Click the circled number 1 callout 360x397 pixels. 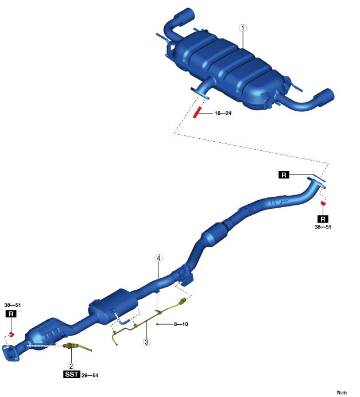[x=243, y=28]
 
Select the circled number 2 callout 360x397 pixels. [x=71, y=366]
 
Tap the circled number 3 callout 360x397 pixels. [x=146, y=342]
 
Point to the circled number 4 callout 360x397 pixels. [x=158, y=258]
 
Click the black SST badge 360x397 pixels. [x=71, y=374]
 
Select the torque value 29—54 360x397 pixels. [x=90, y=375]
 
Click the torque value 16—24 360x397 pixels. [x=223, y=113]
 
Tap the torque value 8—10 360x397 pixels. [x=181, y=324]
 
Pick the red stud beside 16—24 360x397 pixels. [x=197, y=112]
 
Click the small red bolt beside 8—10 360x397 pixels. [x=157, y=324]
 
